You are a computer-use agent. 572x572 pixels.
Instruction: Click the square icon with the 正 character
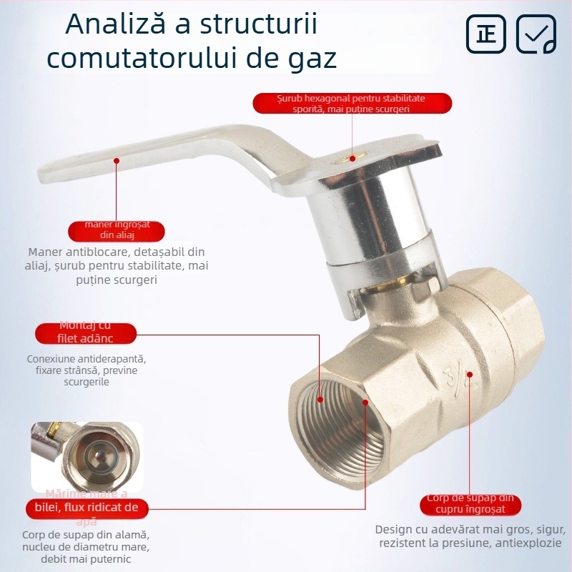487,34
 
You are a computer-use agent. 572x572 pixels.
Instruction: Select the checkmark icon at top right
536,34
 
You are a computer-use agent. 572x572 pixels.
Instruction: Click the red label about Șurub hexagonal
352,104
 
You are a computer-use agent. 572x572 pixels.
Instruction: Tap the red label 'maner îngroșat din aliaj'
117,231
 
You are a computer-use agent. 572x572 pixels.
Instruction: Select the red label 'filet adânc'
86,333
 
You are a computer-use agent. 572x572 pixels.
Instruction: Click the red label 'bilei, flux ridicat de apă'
87,508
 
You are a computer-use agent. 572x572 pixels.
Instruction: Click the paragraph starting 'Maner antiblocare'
117,266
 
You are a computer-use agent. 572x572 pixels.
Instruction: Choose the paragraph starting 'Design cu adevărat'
470,536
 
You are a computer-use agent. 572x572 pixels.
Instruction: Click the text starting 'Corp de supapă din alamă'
87,547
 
